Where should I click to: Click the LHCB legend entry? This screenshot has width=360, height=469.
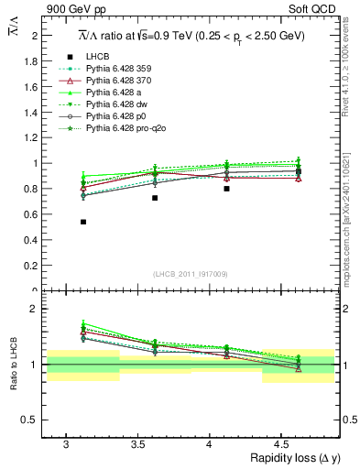(96, 58)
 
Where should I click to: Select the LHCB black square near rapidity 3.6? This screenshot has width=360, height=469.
(155, 198)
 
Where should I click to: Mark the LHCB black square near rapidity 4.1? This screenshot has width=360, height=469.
(226, 189)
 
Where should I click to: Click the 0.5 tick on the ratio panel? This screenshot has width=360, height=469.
(29, 420)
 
